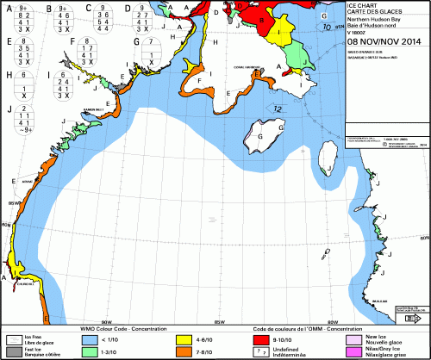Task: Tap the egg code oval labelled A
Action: click(x=19, y=18)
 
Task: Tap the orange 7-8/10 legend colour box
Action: click(x=182, y=351)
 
